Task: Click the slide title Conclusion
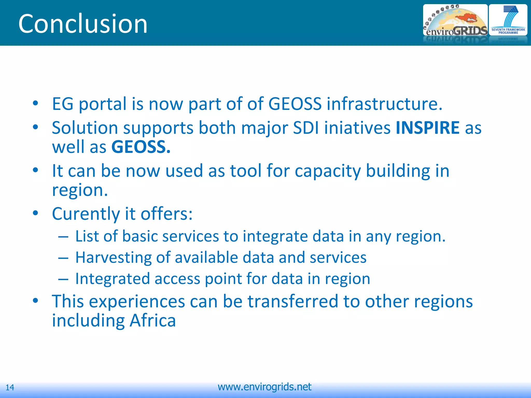(x=83, y=24)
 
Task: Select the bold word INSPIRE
(x=428, y=128)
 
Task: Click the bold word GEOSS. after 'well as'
(x=141, y=147)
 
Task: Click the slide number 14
(x=10, y=387)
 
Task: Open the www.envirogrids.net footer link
(x=264, y=387)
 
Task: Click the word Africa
(x=152, y=321)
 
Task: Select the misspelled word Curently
(x=86, y=214)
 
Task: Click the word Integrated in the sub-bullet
(x=113, y=279)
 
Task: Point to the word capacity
(x=328, y=171)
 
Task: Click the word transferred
(x=293, y=301)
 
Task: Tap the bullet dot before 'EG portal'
(x=36, y=103)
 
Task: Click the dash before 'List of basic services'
(x=63, y=237)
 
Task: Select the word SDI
(x=306, y=128)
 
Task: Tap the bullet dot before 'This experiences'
(x=36, y=301)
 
